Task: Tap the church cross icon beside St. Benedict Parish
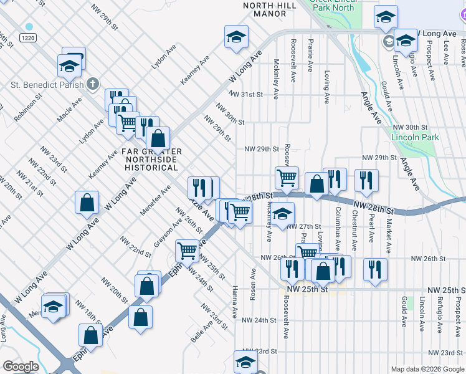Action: pos(92,83)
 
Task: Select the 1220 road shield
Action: pos(27,38)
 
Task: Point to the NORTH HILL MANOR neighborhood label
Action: pos(269,9)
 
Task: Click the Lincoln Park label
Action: pos(415,138)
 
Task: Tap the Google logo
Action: pos(21,367)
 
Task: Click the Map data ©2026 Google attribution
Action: pos(427,369)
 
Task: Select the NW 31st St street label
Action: pos(245,95)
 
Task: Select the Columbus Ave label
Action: pos(338,224)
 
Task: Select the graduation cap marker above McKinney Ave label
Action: pos(282,215)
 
